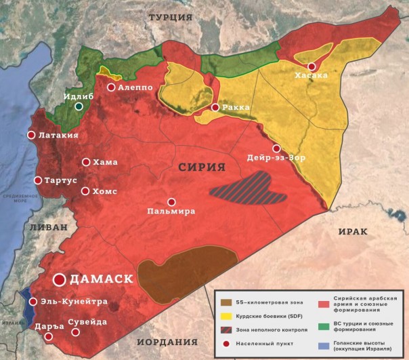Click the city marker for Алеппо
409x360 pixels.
(x=111, y=87)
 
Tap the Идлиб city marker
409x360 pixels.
(x=79, y=106)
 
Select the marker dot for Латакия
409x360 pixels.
(x=30, y=135)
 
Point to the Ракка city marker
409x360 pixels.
(x=215, y=107)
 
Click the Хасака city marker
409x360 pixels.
(x=311, y=66)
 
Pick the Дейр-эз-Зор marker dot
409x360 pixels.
(x=276, y=148)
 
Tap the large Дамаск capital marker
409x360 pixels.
(x=60, y=279)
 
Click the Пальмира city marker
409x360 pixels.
(x=171, y=202)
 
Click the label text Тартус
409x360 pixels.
(x=60, y=181)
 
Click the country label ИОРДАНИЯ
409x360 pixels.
(x=167, y=342)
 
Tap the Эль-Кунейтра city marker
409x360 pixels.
(x=33, y=302)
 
